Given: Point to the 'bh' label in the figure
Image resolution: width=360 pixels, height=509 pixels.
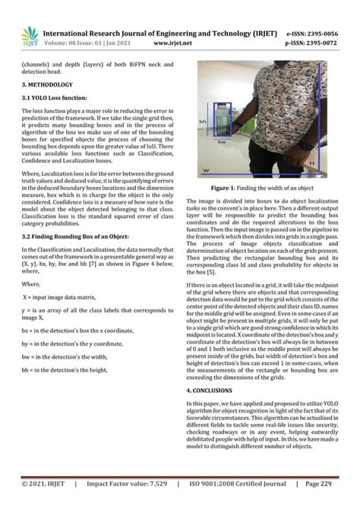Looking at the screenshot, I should [203, 122].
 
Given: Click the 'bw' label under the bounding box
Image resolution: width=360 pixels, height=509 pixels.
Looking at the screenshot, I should [221, 141].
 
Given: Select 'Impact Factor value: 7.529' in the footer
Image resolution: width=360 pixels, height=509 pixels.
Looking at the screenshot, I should [125, 484].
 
